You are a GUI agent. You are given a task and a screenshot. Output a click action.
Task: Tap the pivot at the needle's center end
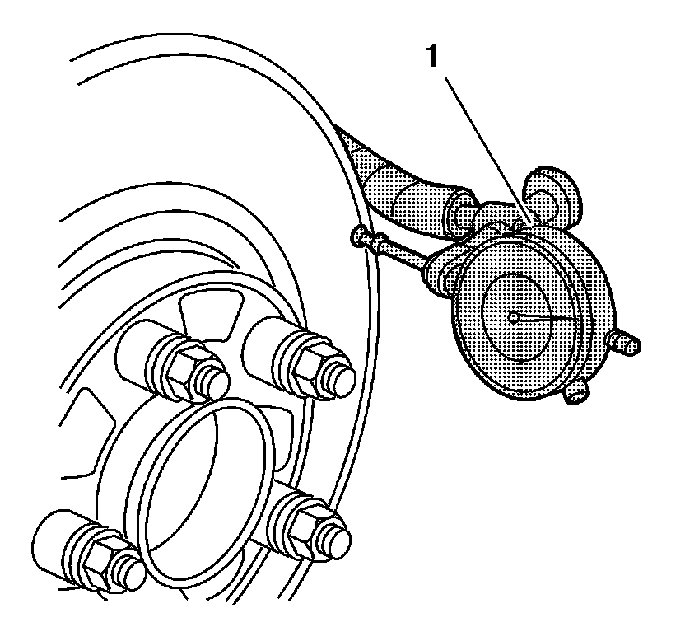[513, 316]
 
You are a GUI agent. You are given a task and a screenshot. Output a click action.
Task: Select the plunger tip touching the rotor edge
[360, 237]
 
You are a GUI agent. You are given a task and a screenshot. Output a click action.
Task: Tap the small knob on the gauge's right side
[628, 343]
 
